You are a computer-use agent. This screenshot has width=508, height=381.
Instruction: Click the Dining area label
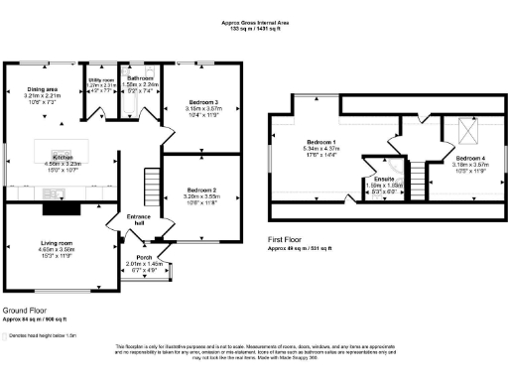(41, 89)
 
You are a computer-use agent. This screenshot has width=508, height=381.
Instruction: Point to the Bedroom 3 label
(201, 102)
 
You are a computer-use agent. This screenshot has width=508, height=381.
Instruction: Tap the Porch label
(144, 257)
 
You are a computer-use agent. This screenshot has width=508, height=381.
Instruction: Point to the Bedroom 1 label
(320, 142)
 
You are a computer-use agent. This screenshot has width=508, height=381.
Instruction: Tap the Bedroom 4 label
(471, 158)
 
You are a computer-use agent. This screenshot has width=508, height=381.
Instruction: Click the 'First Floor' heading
(289, 240)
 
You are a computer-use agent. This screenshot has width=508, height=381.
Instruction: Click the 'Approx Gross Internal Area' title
(253, 20)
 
